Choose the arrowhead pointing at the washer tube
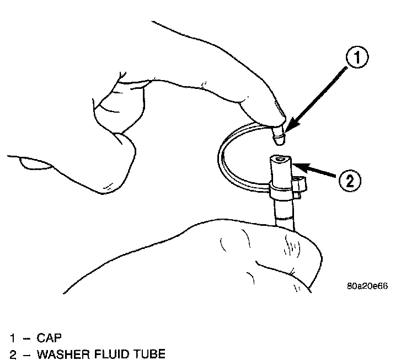click(296, 164)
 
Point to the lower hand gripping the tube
click(265, 260)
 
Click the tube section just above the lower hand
click(284, 213)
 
